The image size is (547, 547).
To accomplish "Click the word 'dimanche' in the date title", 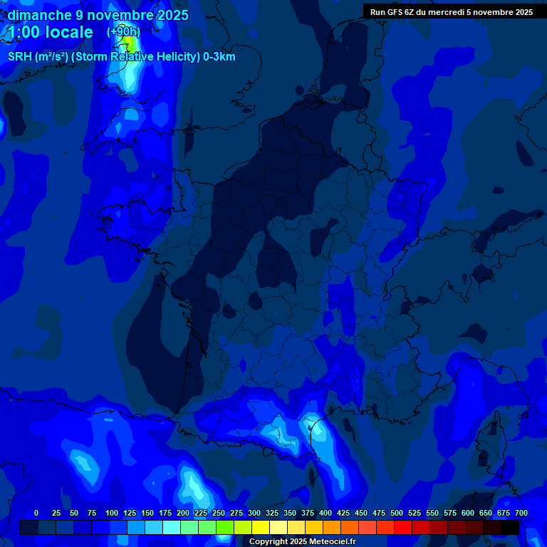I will tap(39, 15).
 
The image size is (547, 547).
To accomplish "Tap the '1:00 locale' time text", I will tap(50, 32).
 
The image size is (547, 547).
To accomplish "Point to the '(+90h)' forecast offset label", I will tap(123, 32).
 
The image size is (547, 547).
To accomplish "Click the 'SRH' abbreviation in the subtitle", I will tap(20, 57).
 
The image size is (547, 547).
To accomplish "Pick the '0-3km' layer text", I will tap(219, 57).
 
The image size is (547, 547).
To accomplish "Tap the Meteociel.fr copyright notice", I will tap(302, 542).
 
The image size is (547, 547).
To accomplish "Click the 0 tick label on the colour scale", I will tap(36, 513).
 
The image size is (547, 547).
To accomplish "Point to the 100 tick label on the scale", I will tap(112, 513).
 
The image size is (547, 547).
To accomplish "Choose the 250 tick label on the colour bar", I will tap(219, 513).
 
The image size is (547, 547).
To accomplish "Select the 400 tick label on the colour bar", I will tap(325, 513).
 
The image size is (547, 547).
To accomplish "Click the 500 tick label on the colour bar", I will tap(397, 513).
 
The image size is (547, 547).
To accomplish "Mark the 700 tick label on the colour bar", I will tap(521, 513).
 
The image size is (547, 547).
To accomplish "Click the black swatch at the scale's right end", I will tap(510, 527).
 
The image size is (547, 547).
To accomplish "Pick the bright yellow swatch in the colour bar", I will tap(261, 527).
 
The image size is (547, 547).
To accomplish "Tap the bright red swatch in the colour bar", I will tap(403, 527).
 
